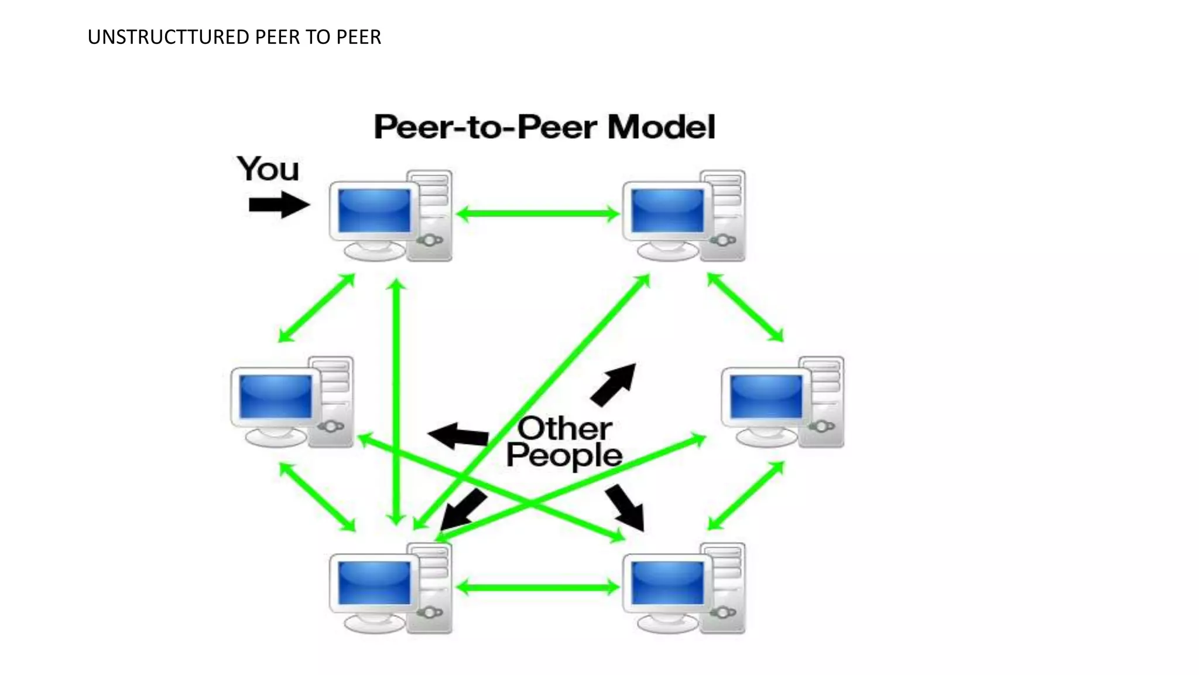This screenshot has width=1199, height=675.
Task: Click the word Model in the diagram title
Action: tap(661, 127)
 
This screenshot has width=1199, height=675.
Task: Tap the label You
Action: tap(268, 169)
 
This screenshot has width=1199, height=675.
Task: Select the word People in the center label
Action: tap(564, 455)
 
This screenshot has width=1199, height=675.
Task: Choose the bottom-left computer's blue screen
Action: tap(375, 583)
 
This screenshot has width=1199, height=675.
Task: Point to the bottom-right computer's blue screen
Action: tap(667, 583)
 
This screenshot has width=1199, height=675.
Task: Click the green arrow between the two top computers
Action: tap(537, 213)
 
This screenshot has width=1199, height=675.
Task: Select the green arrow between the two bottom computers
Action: tap(537, 587)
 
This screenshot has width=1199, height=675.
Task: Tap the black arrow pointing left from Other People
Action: tap(459, 436)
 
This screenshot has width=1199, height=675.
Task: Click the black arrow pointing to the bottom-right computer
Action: tap(626, 507)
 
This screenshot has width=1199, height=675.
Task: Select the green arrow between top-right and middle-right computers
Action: tap(745, 307)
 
